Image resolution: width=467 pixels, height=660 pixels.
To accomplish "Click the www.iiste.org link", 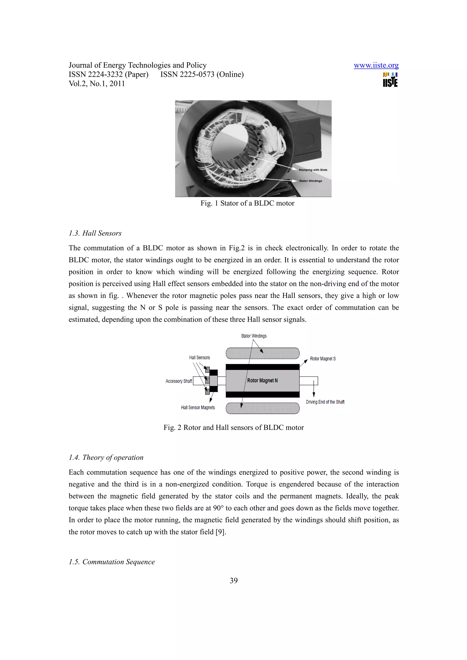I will (376, 65).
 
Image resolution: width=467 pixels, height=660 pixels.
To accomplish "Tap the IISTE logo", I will (390, 80).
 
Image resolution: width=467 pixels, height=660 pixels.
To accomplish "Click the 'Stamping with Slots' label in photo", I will (313, 170).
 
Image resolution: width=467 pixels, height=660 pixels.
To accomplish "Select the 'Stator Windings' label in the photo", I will (311, 181).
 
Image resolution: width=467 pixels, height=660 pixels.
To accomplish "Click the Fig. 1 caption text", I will (247, 203).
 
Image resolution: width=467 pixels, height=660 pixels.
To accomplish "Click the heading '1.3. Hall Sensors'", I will (95, 233).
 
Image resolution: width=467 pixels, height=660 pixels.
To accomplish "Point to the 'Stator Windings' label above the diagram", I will (254, 336).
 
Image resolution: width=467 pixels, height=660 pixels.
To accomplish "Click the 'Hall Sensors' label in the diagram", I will (199, 358).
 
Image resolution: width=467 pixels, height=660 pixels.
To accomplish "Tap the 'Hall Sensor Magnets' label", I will (198, 408).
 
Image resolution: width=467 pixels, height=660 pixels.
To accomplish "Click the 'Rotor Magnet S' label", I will (323, 359).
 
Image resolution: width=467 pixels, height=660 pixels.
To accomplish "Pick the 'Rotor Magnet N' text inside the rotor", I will (262, 381).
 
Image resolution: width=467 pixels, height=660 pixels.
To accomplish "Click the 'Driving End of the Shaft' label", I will (325, 402).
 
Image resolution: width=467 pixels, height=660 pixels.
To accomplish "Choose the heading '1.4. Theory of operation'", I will (106, 457).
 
